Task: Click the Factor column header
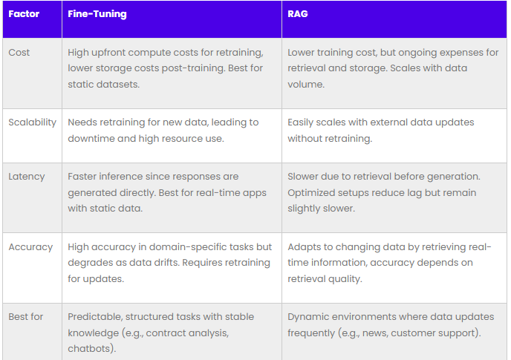tap(24, 14)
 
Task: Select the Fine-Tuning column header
tap(97, 14)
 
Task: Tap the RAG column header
tap(298, 14)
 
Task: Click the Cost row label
tap(19, 53)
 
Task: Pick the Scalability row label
tap(32, 122)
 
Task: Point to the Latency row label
tap(27, 177)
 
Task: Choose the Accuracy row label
tap(30, 247)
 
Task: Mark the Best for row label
tap(26, 317)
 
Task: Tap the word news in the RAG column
tap(375, 333)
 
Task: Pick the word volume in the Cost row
tap(305, 85)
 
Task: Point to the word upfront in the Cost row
tap(108, 53)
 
